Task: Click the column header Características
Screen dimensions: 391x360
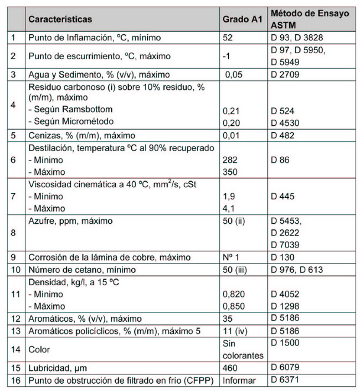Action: [x=60, y=19]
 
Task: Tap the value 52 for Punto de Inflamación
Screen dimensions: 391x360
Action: [x=228, y=38]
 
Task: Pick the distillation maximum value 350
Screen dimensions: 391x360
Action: [x=230, y=171]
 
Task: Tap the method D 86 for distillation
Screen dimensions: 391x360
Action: [x=280, y=160]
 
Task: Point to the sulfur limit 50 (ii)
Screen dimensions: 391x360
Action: [x=234, y=221]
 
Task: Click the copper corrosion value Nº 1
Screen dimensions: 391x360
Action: [x=232, y=258]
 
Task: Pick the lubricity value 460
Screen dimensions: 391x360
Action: [x=230, y=368]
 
